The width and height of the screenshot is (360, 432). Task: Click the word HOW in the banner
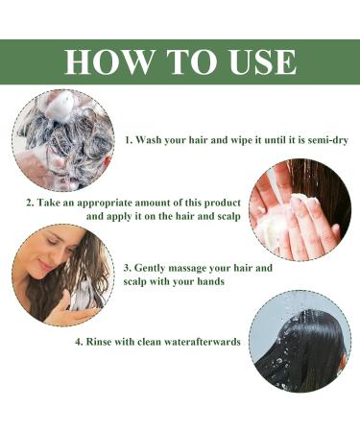click(108, 61)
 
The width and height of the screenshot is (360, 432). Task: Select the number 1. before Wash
click(129, 140)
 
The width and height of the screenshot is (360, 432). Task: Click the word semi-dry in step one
click(328, 140)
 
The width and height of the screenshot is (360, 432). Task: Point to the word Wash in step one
click(149, 140)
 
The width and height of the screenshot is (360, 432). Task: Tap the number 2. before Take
click(30, 203)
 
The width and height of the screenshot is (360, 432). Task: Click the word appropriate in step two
click(105, 204)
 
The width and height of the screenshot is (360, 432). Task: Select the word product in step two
click(223, 204)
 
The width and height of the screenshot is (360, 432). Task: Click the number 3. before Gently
click(128, 268)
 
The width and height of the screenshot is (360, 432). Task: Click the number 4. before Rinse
click(79, 342)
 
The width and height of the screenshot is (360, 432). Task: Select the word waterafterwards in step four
click(203, 342)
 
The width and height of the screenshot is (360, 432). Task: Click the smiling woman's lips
click(45, 266)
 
